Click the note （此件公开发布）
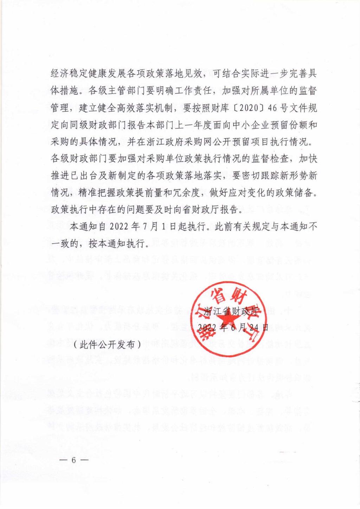pyautogui.click(x=107, y=344)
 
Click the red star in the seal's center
pyautogui.click(x=224, y=318)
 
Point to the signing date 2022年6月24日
pyautogui.click(x=232, y=327)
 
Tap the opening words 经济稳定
pyautogui.click(x=68, y=74)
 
